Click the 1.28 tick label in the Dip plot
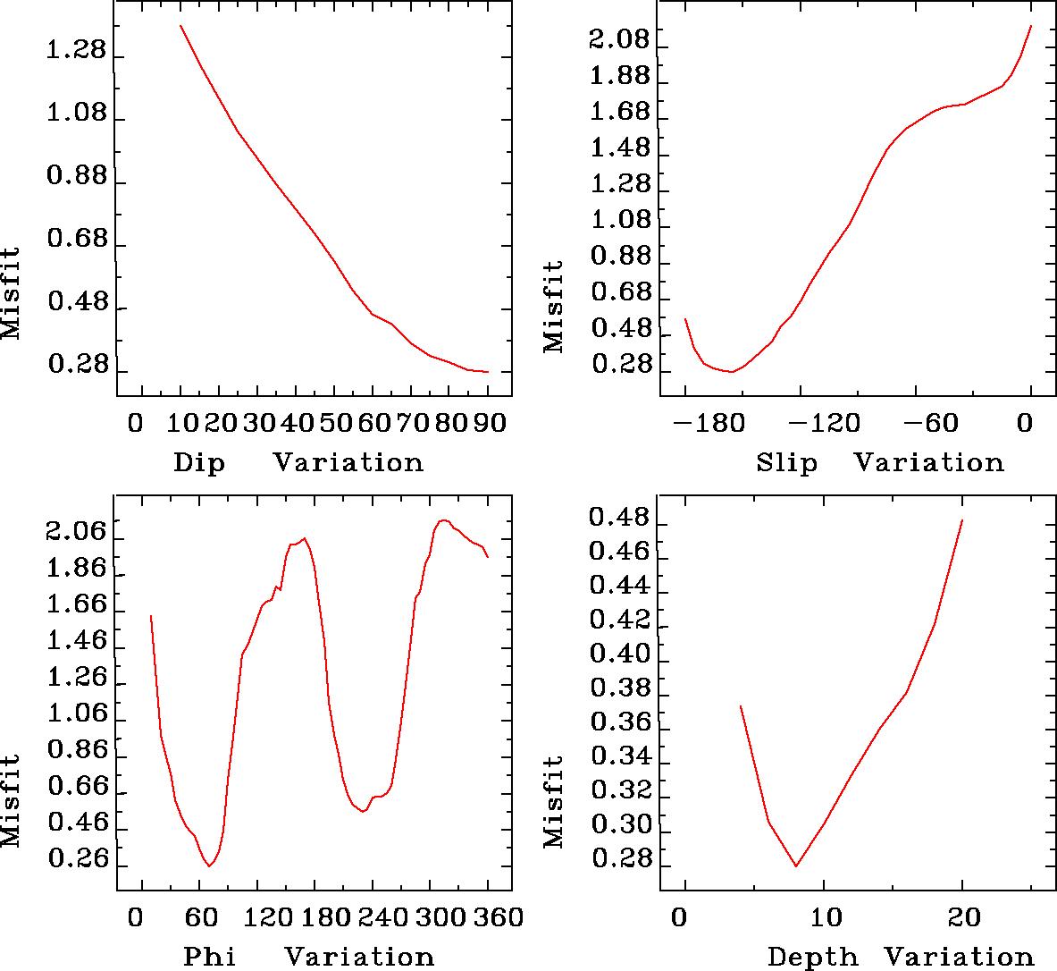(x=76, y=51)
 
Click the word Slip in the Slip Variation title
(x=786, y=463)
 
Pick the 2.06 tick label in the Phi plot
(x=76, y=533)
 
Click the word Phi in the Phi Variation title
(x=210, y=957)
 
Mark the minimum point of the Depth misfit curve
(x=795, y=865)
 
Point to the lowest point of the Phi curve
(x=210, y=865)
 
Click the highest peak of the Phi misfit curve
(x=443, y=519)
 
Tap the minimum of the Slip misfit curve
(x=731, y=371)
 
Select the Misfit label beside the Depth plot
(x=555, y=802)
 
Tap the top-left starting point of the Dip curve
(x=180, y=25)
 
